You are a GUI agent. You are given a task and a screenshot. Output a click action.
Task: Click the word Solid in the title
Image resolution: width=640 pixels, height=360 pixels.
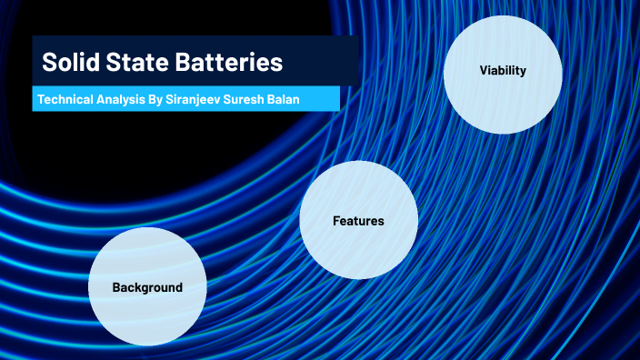(x=69, y=64)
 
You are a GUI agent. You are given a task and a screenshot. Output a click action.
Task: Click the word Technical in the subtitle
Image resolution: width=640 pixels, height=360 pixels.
(x=65, y=98)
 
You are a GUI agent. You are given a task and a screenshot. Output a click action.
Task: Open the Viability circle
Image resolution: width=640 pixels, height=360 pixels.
(x=503, y=100)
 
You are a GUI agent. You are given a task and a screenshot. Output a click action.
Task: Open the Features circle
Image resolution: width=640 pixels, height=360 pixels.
(x=358, y=245)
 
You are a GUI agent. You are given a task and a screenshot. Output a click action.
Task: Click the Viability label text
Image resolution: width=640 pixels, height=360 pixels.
(x=503, y=71)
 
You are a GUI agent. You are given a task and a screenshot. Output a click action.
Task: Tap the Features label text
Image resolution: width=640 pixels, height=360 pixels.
(x=358, y=221)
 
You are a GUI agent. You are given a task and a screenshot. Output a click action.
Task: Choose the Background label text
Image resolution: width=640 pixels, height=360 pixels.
(x=147, y=287)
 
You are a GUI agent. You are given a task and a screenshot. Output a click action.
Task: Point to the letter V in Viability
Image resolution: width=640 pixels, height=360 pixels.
(x=484, y=71)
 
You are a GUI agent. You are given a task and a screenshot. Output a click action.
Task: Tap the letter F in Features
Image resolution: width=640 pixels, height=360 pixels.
(x=336, y=221)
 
